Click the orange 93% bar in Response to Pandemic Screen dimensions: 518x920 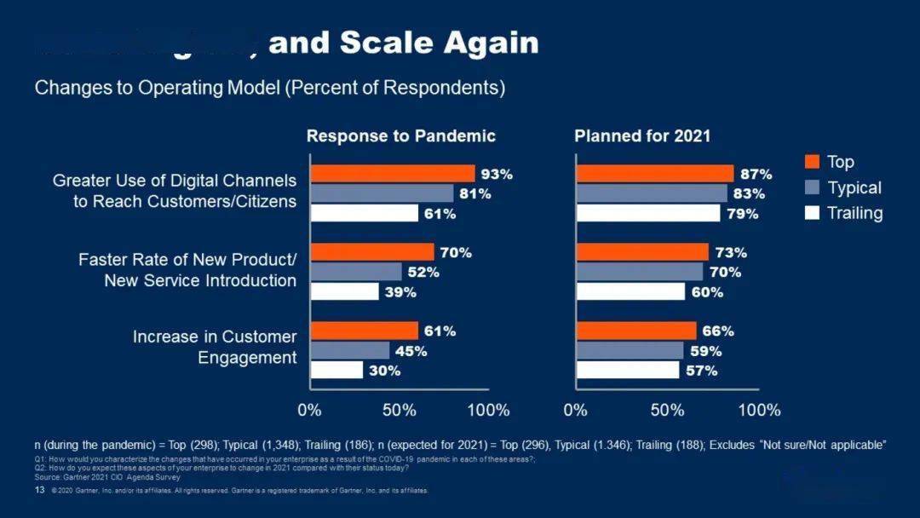tap(393, 174)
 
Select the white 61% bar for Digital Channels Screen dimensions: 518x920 tap(365, 213)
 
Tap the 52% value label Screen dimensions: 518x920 tap(423, 273)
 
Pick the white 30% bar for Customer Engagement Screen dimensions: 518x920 tap(336, 371)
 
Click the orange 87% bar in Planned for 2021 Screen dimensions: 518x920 tap(655, 174)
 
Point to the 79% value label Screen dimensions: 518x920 tap(743, 214)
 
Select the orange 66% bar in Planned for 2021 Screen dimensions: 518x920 tap(636, 331)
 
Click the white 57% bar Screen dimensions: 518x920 tap(628, 371)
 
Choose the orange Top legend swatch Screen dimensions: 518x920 tap(813, 162)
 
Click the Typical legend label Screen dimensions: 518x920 tap(854, 187)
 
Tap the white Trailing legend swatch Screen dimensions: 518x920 tap(813, 213)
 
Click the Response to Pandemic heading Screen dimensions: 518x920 tap(400, 136)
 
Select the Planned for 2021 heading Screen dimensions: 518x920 tap(642, 136)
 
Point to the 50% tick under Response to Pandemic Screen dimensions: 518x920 tap(399, 410)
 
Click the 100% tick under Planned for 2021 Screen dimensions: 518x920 tap(758, 410)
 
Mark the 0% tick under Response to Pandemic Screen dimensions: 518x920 tap(310, 410)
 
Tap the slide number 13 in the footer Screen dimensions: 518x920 tap(39, 491)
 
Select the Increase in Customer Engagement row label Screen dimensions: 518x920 tap(215, 347)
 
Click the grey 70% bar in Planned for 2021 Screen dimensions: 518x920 tap(640, 273)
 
